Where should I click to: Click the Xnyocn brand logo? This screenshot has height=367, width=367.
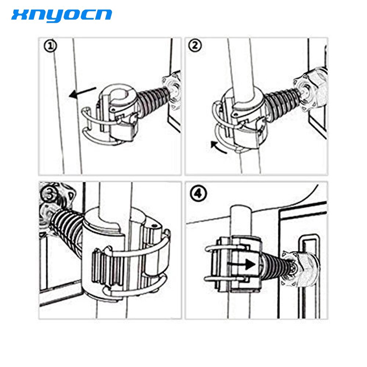pos(62,16)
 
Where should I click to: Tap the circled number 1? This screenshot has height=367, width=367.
pos(50,46)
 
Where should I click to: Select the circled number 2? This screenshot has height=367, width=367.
pos(195,46)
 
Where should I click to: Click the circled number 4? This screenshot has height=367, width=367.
pos(199,194)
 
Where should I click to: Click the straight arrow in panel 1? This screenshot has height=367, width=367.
pos(82,92)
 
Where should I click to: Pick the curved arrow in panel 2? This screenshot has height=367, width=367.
pos(218,148)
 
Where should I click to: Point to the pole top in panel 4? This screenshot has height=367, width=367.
pos(241,209)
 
